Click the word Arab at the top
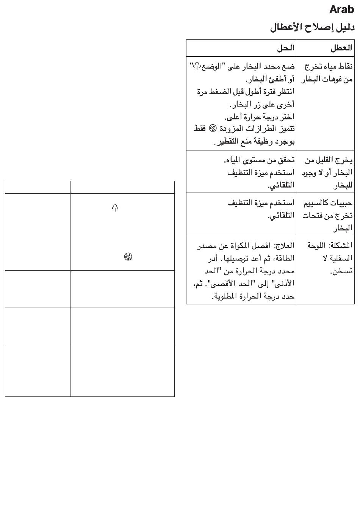point(341,9)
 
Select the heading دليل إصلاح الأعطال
point(312,28)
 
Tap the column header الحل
point(285,48)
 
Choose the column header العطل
point(341,48)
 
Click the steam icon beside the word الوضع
point(196,67)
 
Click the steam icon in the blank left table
point(115,208)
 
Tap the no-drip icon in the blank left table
point(128,257)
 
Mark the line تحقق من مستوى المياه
point(259,160)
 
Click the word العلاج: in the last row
point(283,246)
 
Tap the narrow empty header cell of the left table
point(38,187)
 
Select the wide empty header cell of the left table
point(122,187)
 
